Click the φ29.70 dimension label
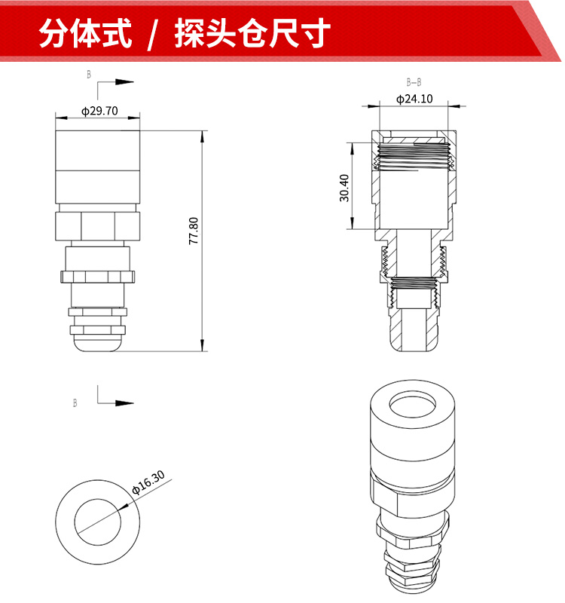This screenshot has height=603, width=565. (99, 111)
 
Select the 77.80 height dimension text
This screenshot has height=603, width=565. (194, 231)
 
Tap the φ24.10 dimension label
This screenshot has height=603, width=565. (414, 99)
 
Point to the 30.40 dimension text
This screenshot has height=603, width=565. (344, 188)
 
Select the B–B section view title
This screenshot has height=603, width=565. (414, 82)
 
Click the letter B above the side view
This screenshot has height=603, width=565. (89, 75)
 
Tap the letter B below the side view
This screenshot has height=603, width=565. (75, 403)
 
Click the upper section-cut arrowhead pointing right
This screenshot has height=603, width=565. (124, 82)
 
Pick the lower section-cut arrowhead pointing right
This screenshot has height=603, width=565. (124, 403)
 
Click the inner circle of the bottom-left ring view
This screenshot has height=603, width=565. (98, 499)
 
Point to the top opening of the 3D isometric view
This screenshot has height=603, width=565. (413, 405)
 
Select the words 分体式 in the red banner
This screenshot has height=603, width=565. (85, 33)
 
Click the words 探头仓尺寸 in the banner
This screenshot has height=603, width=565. (252, 33)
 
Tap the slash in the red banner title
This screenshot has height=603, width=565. (153, 34)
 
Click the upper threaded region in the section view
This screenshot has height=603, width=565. (414, 157)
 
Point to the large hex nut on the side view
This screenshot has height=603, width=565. (98, 226)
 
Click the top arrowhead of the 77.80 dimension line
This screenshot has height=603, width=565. (203, 136)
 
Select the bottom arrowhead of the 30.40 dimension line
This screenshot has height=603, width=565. (353, 223)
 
